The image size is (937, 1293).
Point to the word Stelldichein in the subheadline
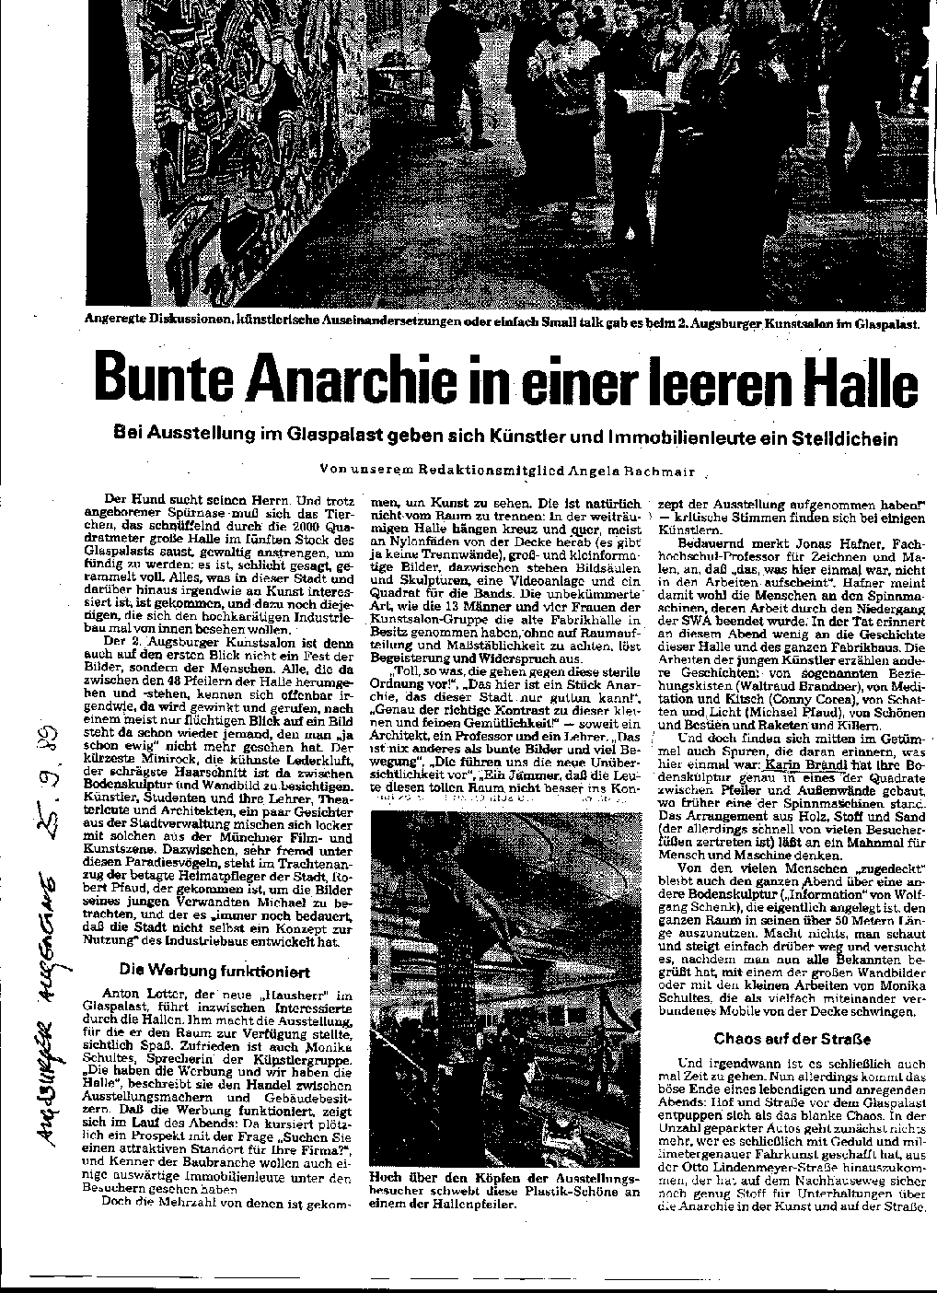click(x=840, y=437)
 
